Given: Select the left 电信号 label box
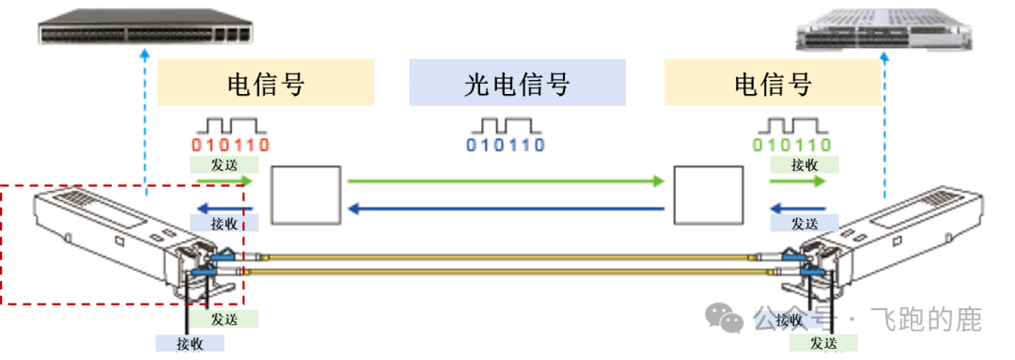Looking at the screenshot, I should point(267,84).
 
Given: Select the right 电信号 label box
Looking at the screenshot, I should point(773,84).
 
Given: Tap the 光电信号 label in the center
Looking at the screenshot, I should point(517,84).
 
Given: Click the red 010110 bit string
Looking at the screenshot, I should point(230,146).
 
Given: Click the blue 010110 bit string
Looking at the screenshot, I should point(506,146).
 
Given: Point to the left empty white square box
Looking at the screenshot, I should point(305,195).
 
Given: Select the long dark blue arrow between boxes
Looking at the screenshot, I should point(506,208).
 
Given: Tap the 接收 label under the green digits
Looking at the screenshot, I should point(804,164).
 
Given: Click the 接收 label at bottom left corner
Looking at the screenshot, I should point(191,342).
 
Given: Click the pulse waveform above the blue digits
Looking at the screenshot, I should point(506,125).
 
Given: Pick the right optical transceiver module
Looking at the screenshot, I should point(902,235).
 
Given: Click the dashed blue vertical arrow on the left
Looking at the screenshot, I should point(146,122).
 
